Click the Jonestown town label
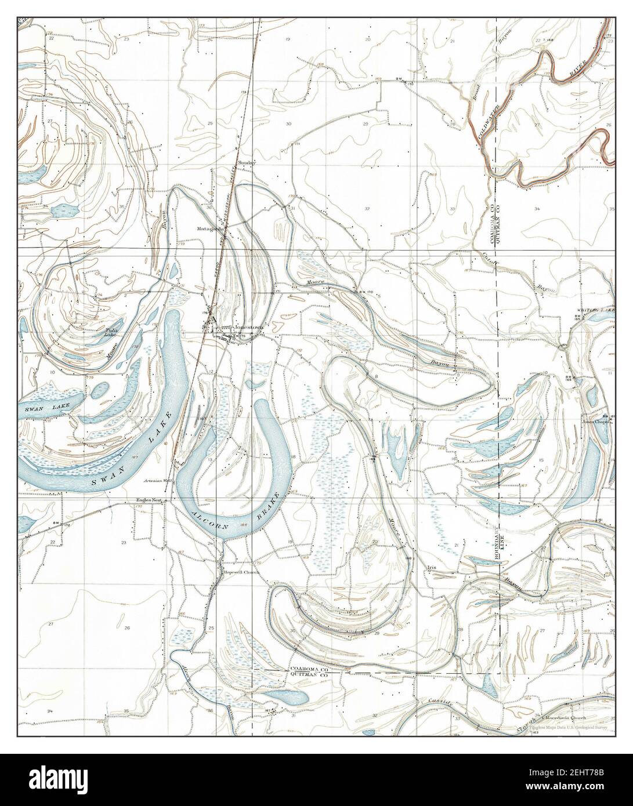pyautogui.click(x=248, y=327)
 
